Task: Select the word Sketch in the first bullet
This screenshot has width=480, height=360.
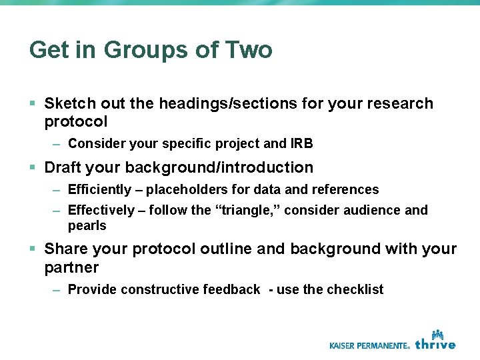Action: (x=69, y=103)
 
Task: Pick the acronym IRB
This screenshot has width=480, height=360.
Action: (x=302, y=143)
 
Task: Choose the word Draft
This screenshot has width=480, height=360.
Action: (x=64, y=167)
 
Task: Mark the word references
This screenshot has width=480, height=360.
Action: (x=345, y=190)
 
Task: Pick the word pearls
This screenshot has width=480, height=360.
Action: (x=87, y=226)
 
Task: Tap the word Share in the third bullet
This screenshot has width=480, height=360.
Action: (x=65, y=249)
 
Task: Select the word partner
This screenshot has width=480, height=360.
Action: (x=71, y=267)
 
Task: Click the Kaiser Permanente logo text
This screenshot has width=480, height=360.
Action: (x=369, y=345)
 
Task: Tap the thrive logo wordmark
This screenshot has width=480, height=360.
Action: (x=435, y=344)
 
